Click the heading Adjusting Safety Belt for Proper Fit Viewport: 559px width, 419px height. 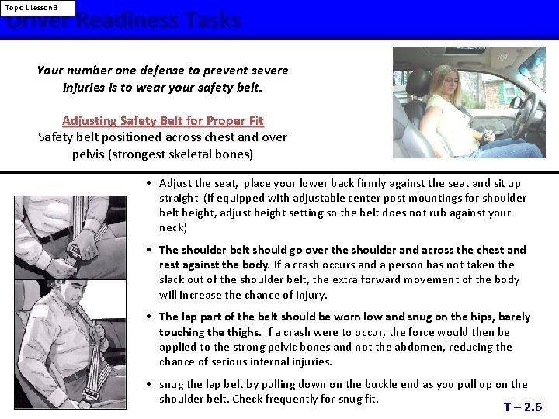(x=163, y=120)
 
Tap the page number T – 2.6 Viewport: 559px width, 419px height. (x=523, y=407)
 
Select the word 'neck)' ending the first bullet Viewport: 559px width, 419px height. (x=173, y=227)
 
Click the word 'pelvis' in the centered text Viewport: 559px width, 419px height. (x=91, y=154)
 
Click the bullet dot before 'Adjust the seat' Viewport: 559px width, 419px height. (x=148, y=183)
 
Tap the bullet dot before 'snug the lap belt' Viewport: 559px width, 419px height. (x=148, y=384)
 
